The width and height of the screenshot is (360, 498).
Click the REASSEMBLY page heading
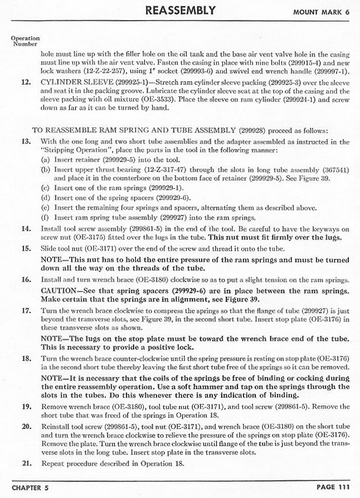click(x=179, y=11)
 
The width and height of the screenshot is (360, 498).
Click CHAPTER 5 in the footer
click(x=30, y=487)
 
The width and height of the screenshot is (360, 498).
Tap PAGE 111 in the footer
click(x=333, y=487)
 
